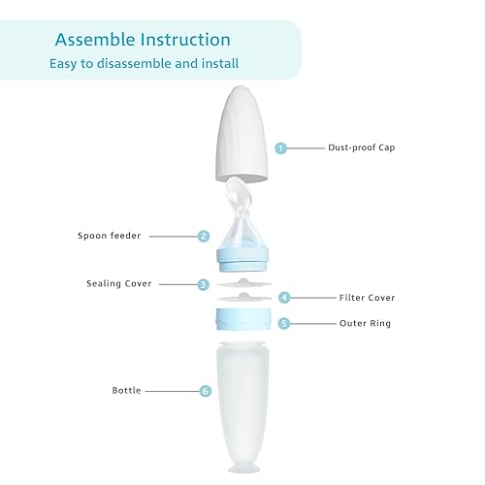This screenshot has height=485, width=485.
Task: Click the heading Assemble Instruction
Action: [x=143, y=40]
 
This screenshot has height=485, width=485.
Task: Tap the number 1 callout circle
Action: [x=281, y=148]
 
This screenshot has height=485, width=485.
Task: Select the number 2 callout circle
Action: [x=204, y=236]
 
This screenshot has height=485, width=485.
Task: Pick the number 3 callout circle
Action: [x=204, y=284]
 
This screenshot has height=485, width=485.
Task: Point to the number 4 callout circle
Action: [x=284, y=298]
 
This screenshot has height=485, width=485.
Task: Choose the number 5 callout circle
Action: [x=284, y=323]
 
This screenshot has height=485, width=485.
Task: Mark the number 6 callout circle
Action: [x=205, y=391]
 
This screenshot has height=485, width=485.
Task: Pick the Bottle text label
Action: [x=126, y=391]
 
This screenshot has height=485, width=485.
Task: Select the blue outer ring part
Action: [x=242, y=320]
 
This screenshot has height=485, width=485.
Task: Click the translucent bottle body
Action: [x=242, y=398]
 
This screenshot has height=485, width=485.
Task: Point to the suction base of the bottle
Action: [x=242, y=465]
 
